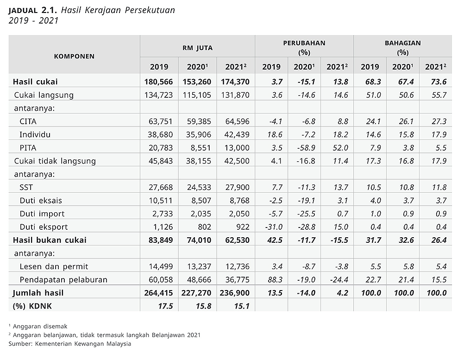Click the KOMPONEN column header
[x=74, y=57]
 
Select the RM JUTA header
[x=198, y=48]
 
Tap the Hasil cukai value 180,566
[x=158, y=82]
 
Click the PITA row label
[x=28, y=148]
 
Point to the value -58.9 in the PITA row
[x=307, y=148]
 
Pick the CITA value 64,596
[x=238, y=121]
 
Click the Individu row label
[x=35, y=135]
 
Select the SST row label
[x=26, y=187]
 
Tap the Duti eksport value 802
[x=205, y=227]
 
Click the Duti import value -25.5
[x=307, y=214]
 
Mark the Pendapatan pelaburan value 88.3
[x=275, y=279]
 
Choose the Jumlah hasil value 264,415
[x=158, y=293]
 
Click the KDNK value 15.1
[x=242, y=306]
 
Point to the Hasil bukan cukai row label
[x=50, y=240]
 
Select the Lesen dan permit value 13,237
[x=199, y=266]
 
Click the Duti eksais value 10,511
[x=161, y=201]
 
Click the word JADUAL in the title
[x=23, y=11]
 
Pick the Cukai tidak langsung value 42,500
[x=238, y=161]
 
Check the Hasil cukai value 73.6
[x=438, y=82]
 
